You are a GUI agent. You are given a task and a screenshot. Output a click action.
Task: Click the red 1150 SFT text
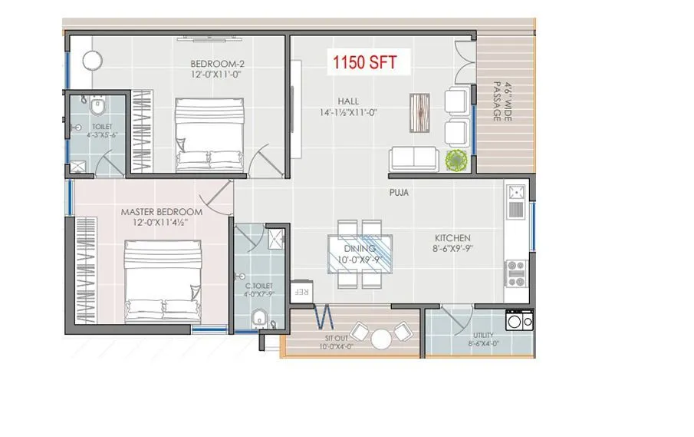coord(364,62)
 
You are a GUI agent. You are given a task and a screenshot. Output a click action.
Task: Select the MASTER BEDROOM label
coord(161,211)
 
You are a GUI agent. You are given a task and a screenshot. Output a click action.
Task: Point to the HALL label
coord(348,101)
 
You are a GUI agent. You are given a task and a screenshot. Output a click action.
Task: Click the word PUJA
coord(398,194)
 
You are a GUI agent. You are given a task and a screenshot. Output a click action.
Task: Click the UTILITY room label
coord(483,336)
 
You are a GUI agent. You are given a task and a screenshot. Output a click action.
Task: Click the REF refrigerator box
coord(304,291)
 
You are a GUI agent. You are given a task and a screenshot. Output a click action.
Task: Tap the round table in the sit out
coord(381,337)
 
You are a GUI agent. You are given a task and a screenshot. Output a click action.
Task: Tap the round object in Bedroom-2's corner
coord(93,60)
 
